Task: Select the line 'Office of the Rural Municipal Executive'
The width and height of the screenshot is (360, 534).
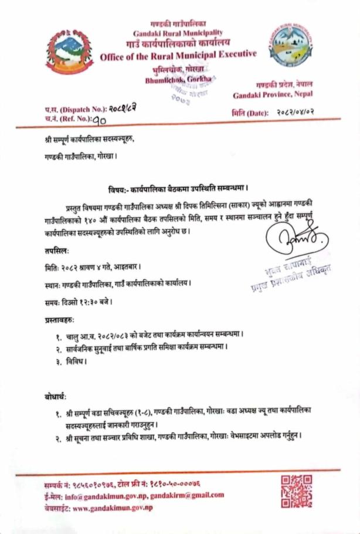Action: (178, 55)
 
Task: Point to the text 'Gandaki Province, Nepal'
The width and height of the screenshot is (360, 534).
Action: (273, 94)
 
